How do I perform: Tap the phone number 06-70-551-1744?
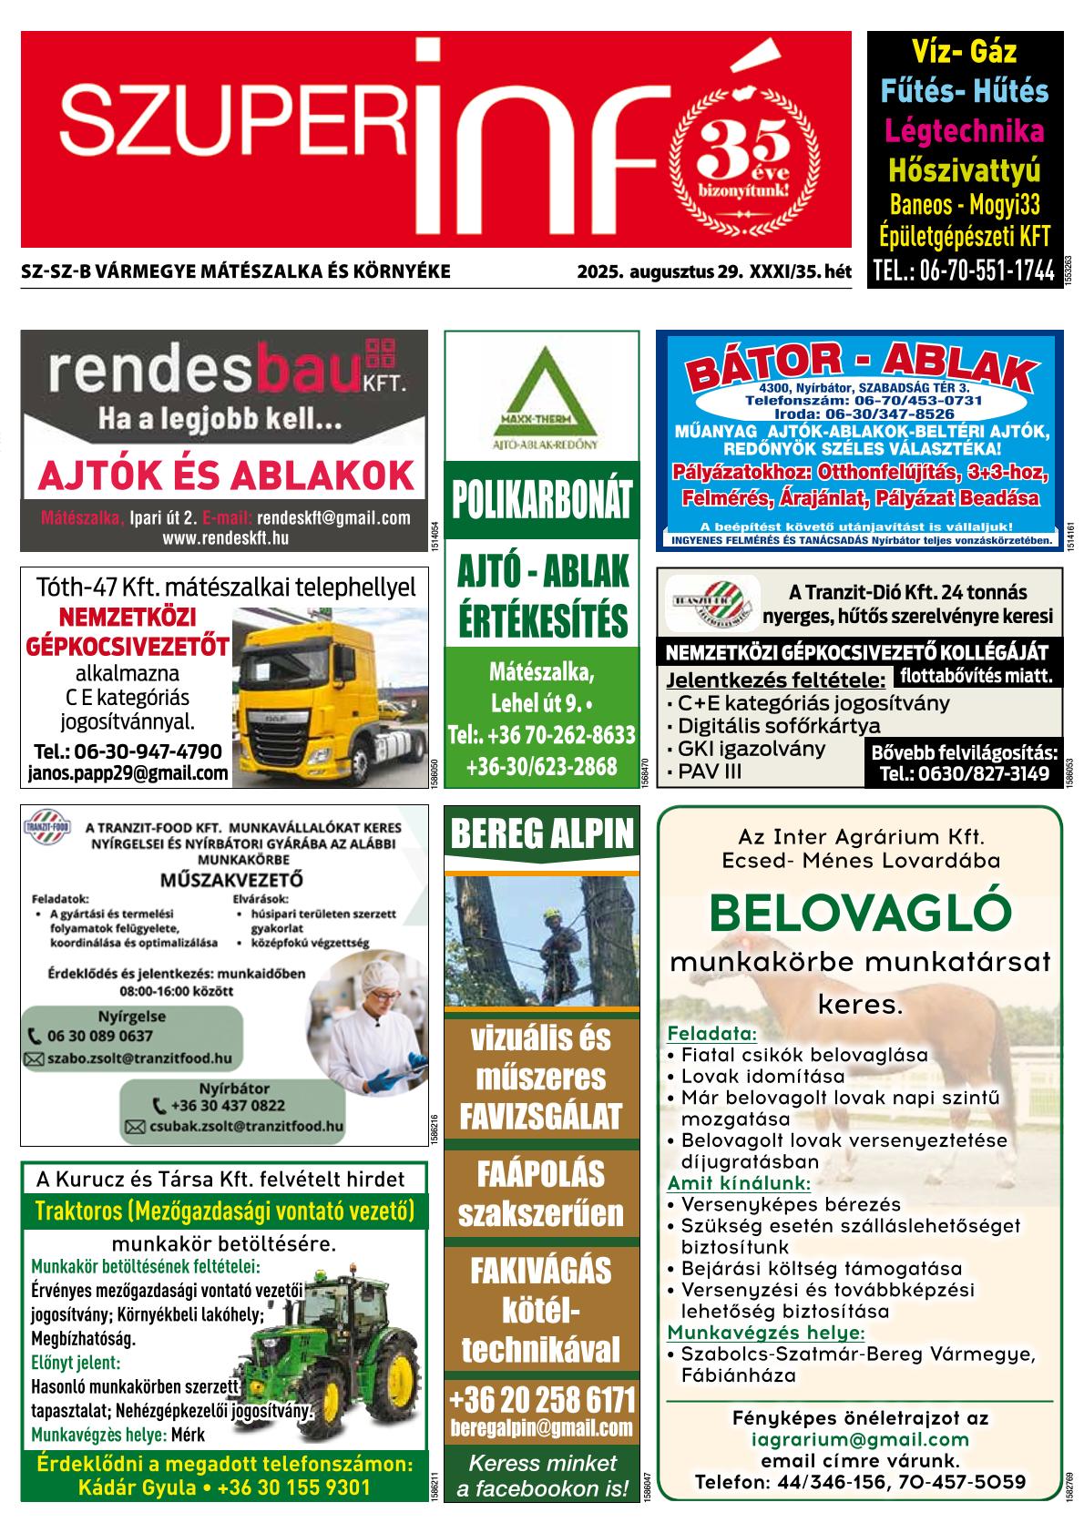[x=963, y=271]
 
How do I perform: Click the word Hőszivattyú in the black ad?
[x=964, y=170]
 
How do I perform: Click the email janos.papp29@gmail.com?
[x=128, y=773]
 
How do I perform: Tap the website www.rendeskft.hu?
[x=225, y=537]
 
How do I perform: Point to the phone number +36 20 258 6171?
[x=541, y=1397]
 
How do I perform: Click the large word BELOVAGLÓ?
[x=860, y=912]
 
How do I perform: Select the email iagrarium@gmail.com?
[x=860, y=1439]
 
